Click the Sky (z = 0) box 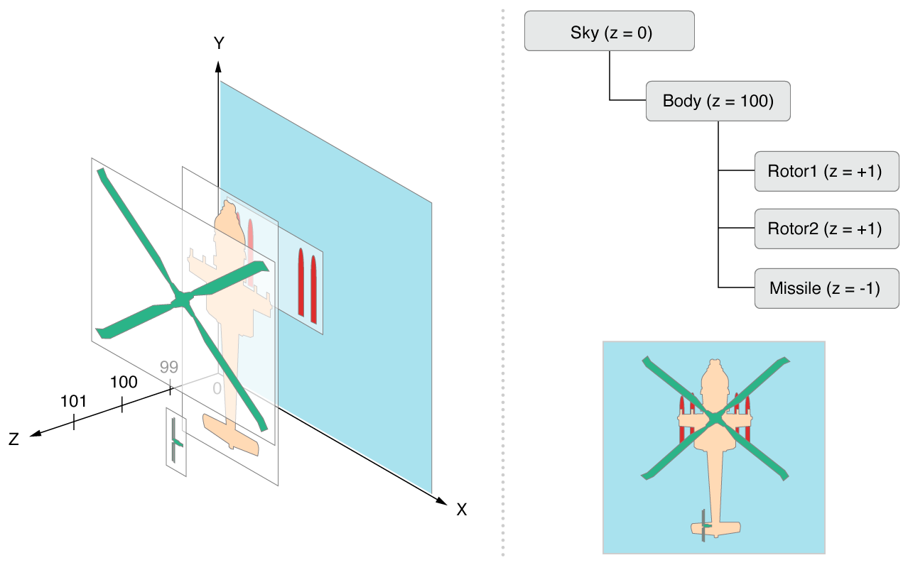click(609, 31)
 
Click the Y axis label click(219, 44)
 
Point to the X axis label click(462, 509)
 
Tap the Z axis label click(13, 440)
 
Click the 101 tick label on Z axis click(73, 402)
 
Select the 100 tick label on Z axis click(124, 383)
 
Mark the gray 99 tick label click(168, 367)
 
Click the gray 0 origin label click(217, 388)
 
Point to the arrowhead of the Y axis click(219, 67)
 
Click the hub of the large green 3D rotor click(182, 301)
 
